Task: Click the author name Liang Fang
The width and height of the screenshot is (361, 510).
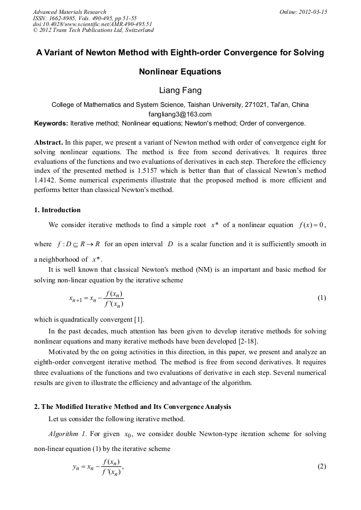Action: point(180,90)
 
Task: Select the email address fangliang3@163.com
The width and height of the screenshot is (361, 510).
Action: point(180,114)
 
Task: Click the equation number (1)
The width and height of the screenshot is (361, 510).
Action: point(322,298)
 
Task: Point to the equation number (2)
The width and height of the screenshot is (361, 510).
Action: point(322,466)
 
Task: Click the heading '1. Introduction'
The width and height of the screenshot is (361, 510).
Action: point(58,210)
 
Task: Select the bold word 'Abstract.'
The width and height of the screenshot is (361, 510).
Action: point(48,143)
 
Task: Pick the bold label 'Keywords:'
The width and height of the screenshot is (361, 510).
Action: point(51,123)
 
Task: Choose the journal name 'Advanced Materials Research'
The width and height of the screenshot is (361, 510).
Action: point(69,12)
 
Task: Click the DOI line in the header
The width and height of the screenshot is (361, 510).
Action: point(93,24)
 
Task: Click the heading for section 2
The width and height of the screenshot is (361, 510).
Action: point(133,407)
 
